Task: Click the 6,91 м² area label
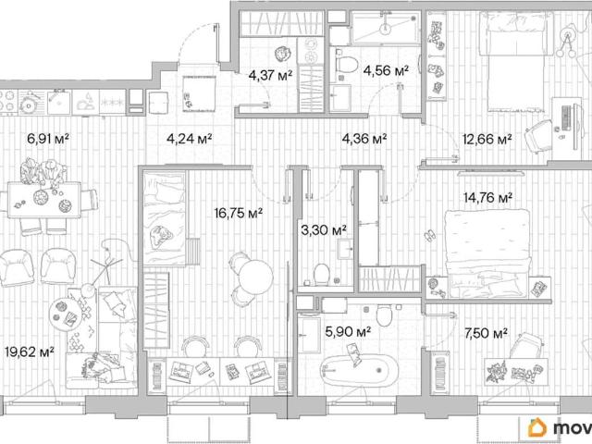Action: point(48,139)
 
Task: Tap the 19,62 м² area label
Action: point(30,351)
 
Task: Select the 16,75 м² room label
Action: point(239,214)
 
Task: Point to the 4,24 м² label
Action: point(189,139)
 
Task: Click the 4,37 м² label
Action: point(270,76)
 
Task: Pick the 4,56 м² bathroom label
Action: point(386,70)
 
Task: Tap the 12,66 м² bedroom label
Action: point(487,139)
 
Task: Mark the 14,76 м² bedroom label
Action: point(487,197)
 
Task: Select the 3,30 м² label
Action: point(324,229)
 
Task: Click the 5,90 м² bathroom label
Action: point(348,332)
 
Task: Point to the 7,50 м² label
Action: point(487,333)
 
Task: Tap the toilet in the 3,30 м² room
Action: point(322,274)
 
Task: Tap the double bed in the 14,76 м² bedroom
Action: point(487,253)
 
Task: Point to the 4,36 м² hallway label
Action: point(364,139)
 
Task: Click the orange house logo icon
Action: point(537,427)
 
